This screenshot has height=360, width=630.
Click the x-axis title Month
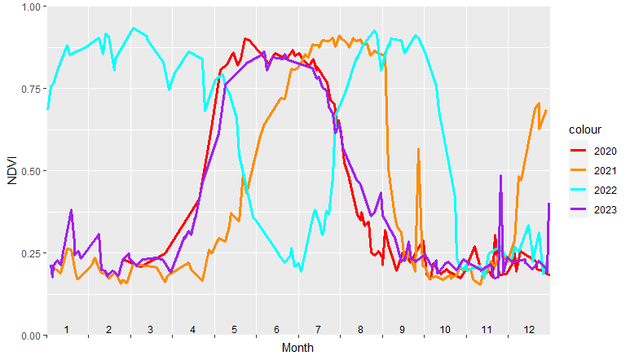coord(297,348)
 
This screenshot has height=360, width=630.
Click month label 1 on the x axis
coord(67,329)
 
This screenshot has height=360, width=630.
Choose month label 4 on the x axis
coord(192,329)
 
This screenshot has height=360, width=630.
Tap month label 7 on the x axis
coord(319,329)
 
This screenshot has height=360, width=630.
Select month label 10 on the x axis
coord(444,329)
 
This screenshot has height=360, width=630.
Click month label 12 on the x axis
coord(529,329)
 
